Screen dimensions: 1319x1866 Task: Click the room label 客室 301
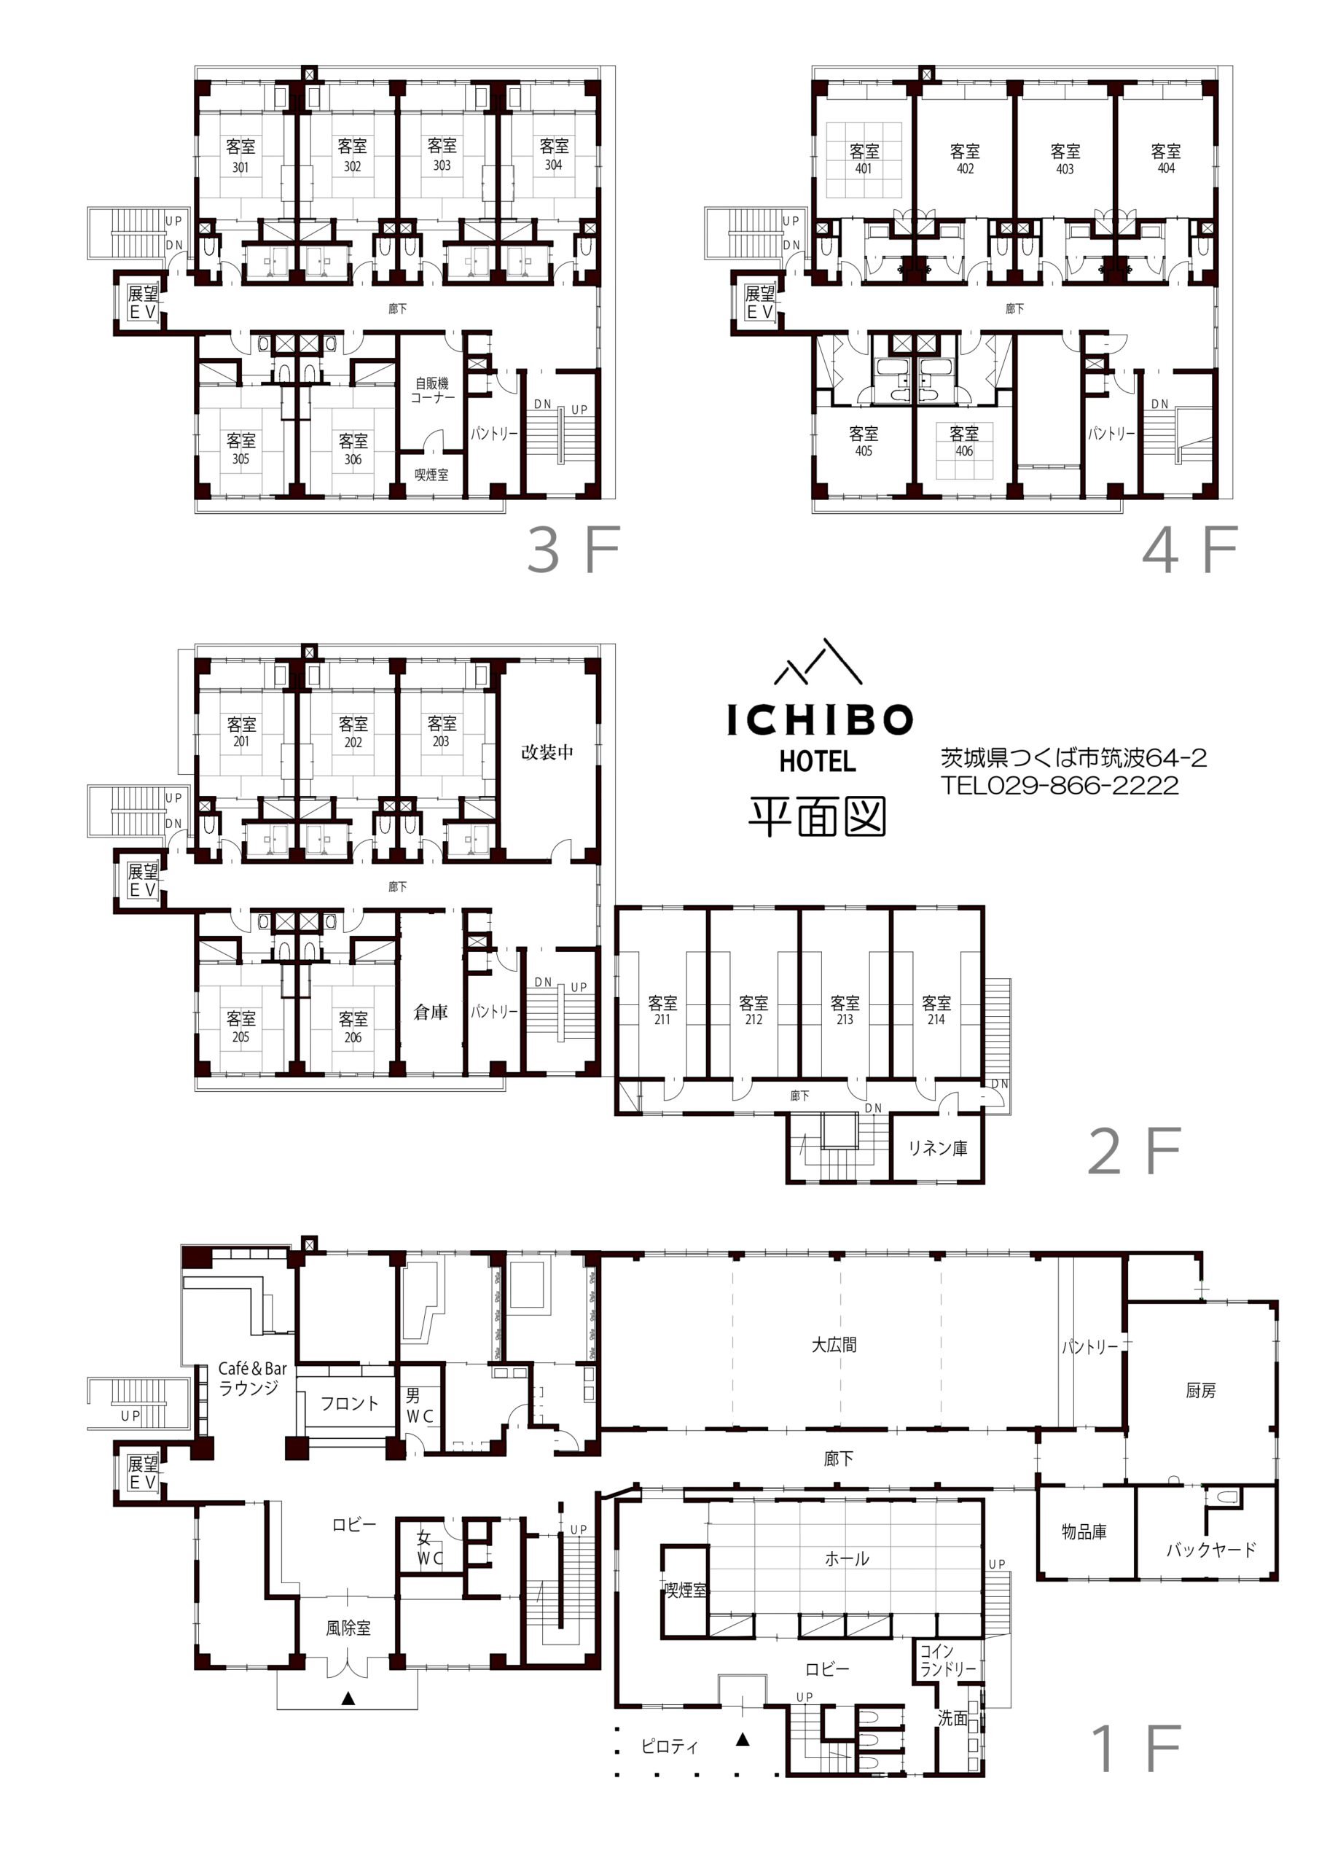click(240, 155)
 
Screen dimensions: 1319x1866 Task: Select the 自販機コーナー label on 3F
click(431, 390)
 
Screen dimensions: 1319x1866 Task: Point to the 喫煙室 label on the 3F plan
click(431, 475)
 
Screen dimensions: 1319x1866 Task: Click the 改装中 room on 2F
click(547, 752)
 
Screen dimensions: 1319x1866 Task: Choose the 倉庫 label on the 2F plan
click(431, 1012)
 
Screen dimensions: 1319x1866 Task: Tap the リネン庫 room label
click(938, 1147)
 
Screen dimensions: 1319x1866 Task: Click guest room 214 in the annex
click(936, 1010)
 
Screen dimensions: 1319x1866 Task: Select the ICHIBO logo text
click(820, 720)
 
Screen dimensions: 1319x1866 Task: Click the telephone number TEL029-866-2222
click(1060, 785)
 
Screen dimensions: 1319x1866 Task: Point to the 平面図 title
click(817, 816)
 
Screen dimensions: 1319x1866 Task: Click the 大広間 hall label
click(834, 1345)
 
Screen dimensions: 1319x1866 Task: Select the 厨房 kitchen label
click(1200, 1391)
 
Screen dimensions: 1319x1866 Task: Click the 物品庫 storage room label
click(1084, 1532)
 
